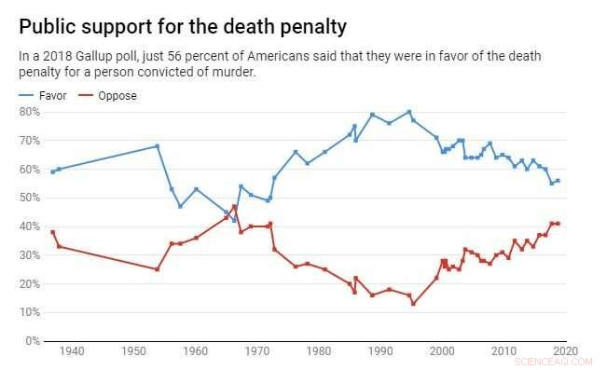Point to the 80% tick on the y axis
pyautogui.click(x=30, y=112)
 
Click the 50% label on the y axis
pyautogui.click(x=30, y=198)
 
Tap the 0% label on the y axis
pyautogui.click(x=33, y=341)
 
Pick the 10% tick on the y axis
pyautogui.click(x=30, y=312)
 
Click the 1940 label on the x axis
pyautogui.click(x=72, y=351)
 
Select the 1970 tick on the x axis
pyautogui.click(x=256, y=351)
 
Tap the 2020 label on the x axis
pyautogui.click(x=564, y=351)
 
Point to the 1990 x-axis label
pyautogui.click(x=379, y=351)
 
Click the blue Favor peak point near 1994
pyautogui.click(x=408, y=112)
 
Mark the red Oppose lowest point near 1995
pyautogui.click(x=413, y=304)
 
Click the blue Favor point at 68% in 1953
pyautogui.click(x=157, y=146)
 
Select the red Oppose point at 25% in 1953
pyautogui.click(x=157, y=269)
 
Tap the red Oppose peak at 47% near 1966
pyautogui.click(x=234, y=206)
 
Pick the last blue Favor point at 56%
pyautogui.click(x=558, y=180)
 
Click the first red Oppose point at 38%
pyautogui.click(x=52, y=232)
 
